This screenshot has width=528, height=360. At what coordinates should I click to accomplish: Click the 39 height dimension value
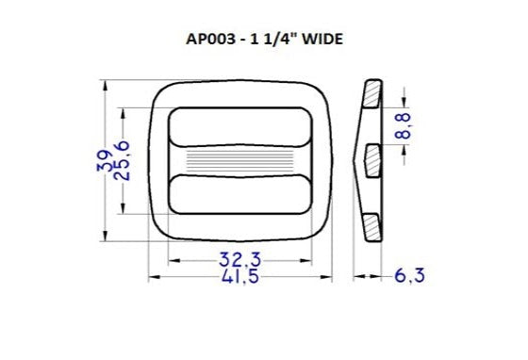pyautogui.click(x=103, y=162)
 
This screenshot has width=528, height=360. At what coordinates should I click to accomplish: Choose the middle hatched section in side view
pyautogui.click(x=370, y=157)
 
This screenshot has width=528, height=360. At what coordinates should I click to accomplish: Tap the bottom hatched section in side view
pyautogui.click(x=373, y=225)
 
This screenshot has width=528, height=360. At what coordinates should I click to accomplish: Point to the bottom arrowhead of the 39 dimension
pyautogui.click(x=103, y=239)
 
